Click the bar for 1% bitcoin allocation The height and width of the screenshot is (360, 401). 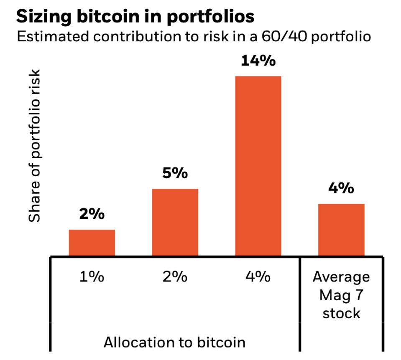click(92, 242)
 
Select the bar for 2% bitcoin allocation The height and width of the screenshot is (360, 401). click(175, 222)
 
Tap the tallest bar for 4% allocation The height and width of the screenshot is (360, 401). click(258, 166)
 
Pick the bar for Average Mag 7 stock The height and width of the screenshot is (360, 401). click(341, 230)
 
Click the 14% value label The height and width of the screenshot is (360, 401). click(258, 61)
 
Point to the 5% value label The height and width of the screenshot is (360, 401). click(175, 173)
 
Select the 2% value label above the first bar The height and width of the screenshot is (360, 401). click(92, 214)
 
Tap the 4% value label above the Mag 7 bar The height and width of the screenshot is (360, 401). click(341, 188)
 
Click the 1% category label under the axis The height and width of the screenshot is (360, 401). click(92, 277)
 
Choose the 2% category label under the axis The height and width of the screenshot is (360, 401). click(175, 277)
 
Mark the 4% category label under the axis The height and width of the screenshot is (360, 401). click(258, 277)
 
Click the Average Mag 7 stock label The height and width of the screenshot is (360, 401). click(341, 295)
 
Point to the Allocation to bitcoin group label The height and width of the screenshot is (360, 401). click(174, 342)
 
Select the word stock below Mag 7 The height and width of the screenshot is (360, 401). click(341, 313)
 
